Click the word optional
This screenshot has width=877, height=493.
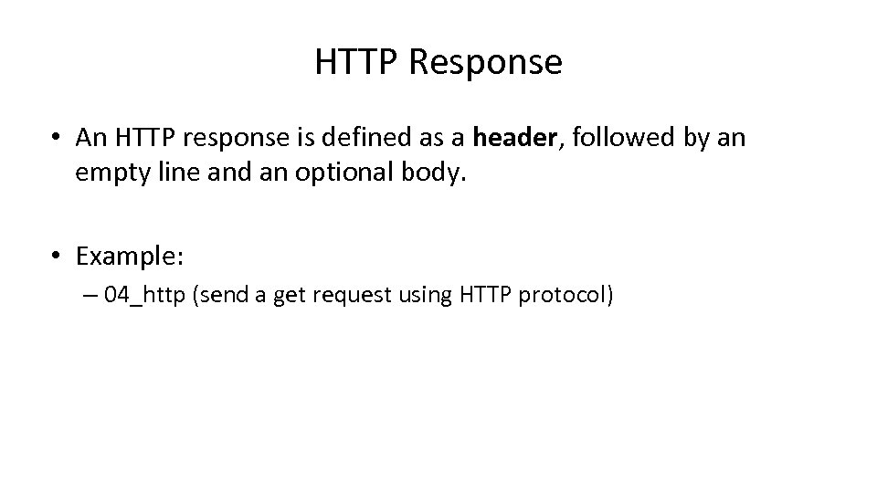point(348,173)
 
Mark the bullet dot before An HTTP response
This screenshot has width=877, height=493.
point(57,139)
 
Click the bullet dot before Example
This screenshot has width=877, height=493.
point(57,258)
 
